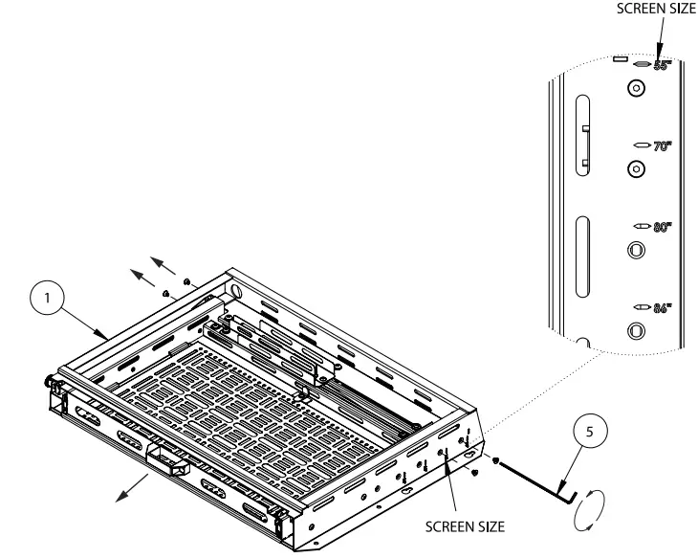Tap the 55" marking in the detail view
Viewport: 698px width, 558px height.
663,66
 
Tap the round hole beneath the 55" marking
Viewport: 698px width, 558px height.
635,89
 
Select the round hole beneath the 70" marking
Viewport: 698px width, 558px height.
635,168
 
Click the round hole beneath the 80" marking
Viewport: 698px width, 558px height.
635,250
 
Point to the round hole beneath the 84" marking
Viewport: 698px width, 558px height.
635,331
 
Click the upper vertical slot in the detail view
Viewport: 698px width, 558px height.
582,133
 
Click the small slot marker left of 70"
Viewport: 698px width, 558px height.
642,145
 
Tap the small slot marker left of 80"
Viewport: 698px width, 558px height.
642,227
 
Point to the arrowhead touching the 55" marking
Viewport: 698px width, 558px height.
658,59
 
